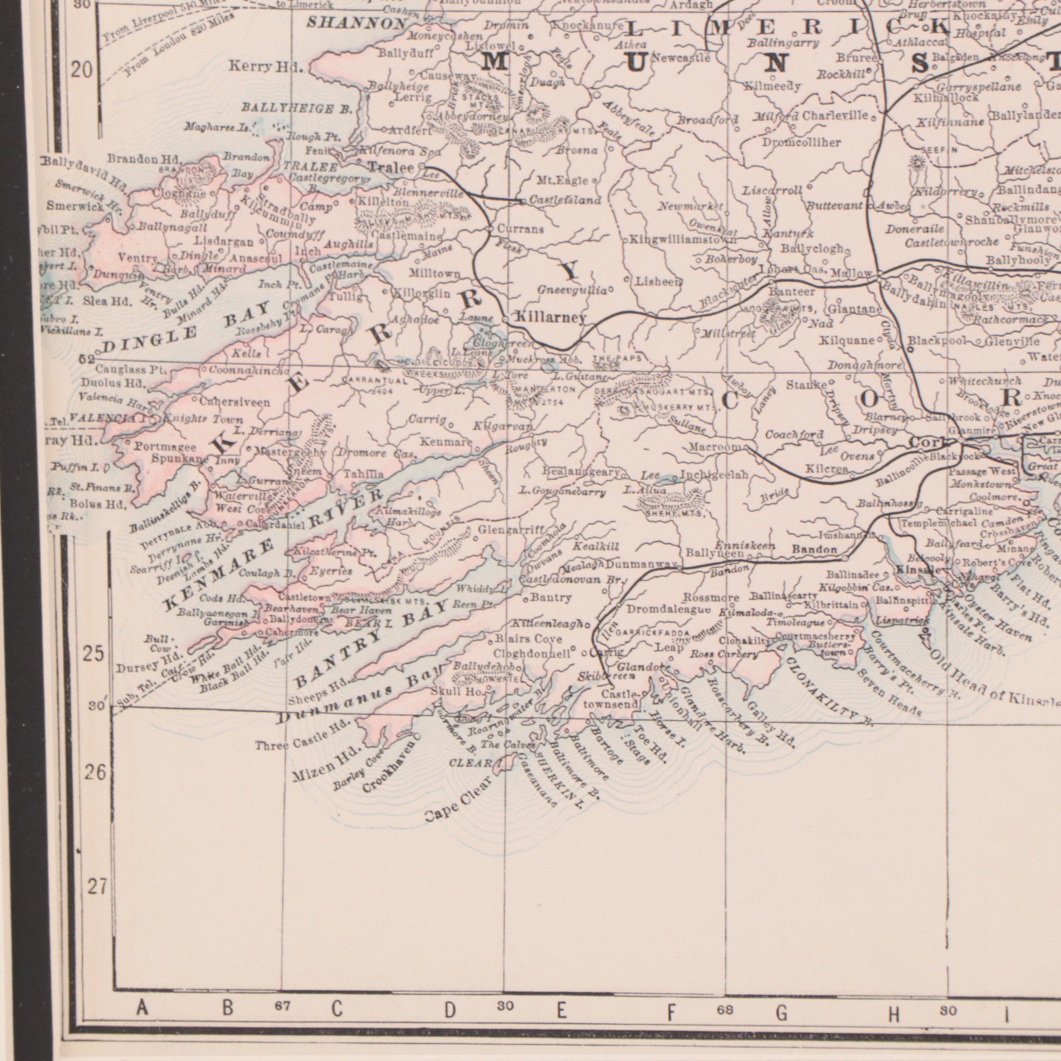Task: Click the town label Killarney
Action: point(550,318)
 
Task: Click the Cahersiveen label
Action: point(234,403)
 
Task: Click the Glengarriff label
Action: point(511,530)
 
